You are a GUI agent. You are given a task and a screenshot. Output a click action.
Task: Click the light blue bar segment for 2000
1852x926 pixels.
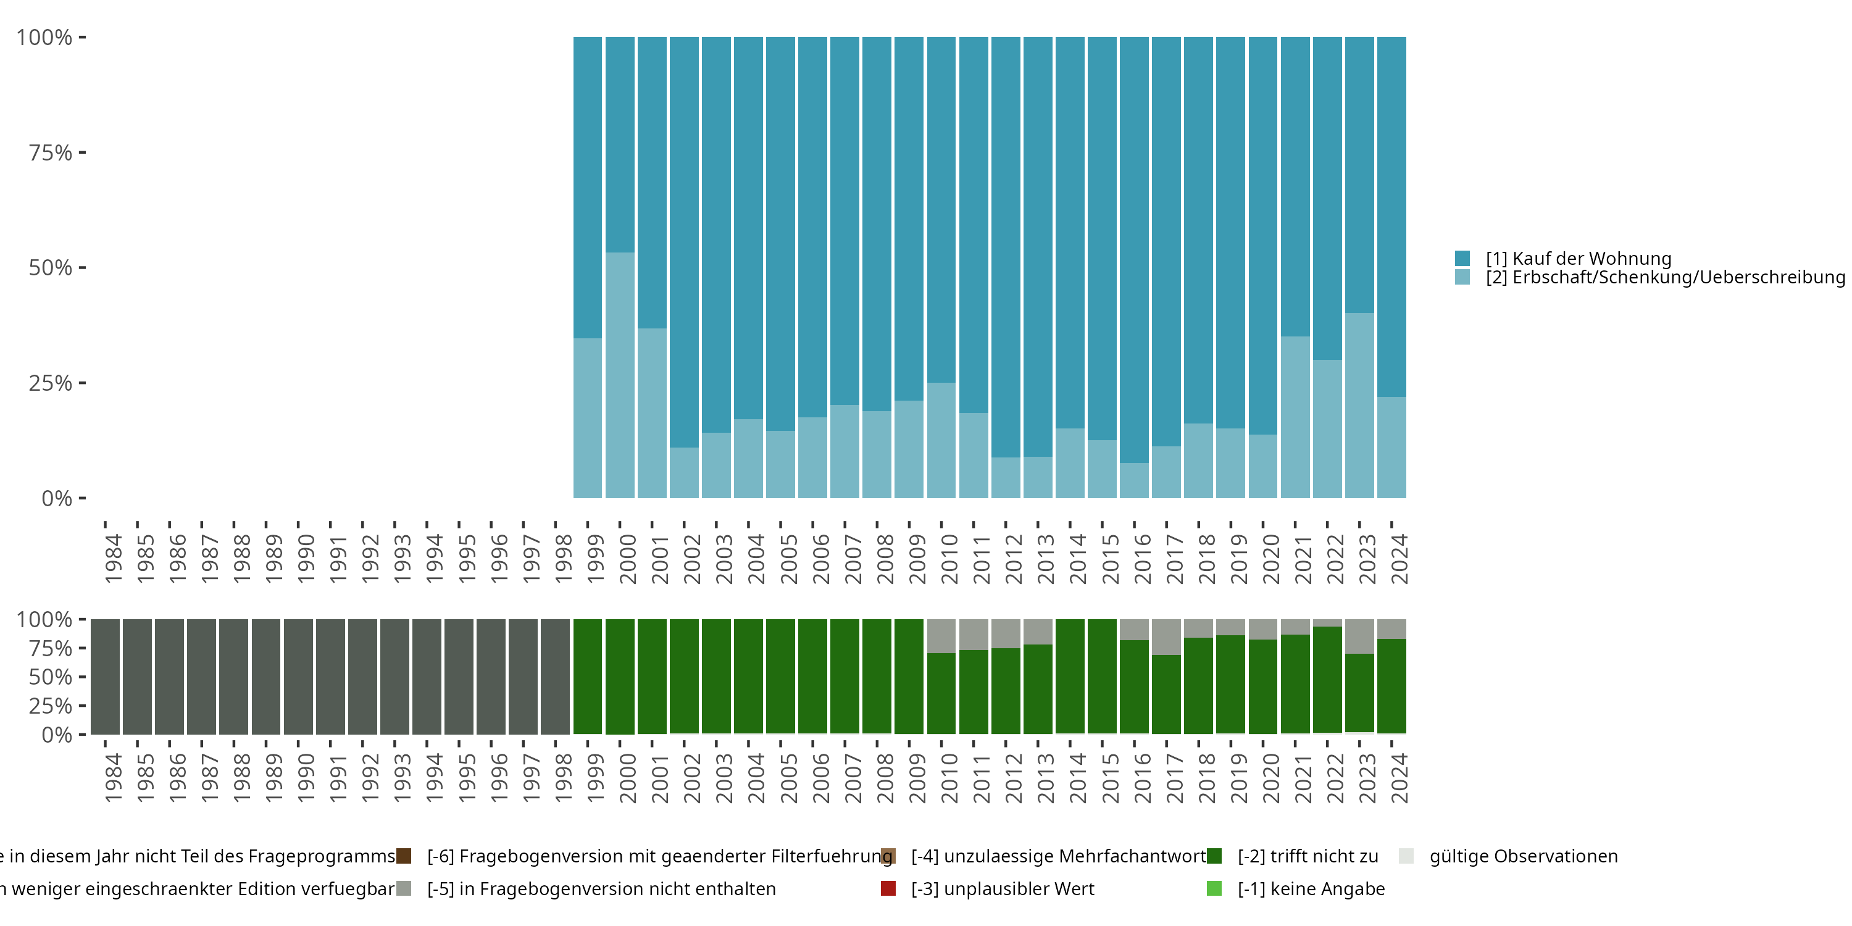pyautogui.click(x=620, y=375)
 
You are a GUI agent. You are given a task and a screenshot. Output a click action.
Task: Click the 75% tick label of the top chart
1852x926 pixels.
pyautogui.click(x=51, y=152)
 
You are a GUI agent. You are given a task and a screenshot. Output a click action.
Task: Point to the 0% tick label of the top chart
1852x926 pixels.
pyautogui.click(x=57, y=498)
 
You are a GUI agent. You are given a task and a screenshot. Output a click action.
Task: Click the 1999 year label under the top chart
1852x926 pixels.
pyautogui.click(x=595, y=559)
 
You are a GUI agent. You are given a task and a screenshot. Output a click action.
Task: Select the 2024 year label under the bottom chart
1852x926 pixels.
pyautogui.click(x=1399, y=778)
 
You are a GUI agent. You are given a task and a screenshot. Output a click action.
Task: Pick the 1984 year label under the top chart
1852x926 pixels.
pyautogui.click(x=113, y=559)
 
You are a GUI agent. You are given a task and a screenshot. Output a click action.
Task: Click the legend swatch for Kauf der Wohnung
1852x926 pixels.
pyautogui.click(x=1462, y=258)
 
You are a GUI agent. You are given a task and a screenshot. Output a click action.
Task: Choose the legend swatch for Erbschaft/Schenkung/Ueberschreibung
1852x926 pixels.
pyautogui.click(x=1462, y=277)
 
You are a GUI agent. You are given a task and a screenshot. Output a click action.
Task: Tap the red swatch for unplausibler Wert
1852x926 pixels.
pyautogui.click(x=888, y=888)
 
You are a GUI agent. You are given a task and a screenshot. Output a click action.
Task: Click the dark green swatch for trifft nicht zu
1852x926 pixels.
pyautogui.click(x=1214, y=856)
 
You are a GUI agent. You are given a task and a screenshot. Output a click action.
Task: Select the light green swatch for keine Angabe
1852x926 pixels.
pyautogui.click(x=1214, y=888)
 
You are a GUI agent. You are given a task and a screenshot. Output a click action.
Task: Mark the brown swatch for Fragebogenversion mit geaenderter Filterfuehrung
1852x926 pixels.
pyautogui.click(x=404, y=856)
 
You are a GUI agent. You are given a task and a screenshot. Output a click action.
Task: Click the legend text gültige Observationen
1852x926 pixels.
pyautogui.click(x=1524, y=856)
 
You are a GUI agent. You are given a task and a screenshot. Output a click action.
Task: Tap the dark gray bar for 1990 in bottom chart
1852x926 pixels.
pyautogui.click(x=298, y=677)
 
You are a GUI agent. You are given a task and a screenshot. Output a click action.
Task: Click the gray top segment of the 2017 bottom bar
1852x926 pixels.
pyautogui.click(x=1166, y=637)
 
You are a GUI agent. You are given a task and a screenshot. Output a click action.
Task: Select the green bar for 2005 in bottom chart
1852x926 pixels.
pyautogui.click(x=781, y=677)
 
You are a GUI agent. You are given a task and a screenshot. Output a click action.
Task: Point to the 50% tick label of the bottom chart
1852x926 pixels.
pyautogui.click(x=51, y=677)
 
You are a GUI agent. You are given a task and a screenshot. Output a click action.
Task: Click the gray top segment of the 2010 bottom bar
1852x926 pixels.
pyautogui.click(x=941, y=636)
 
